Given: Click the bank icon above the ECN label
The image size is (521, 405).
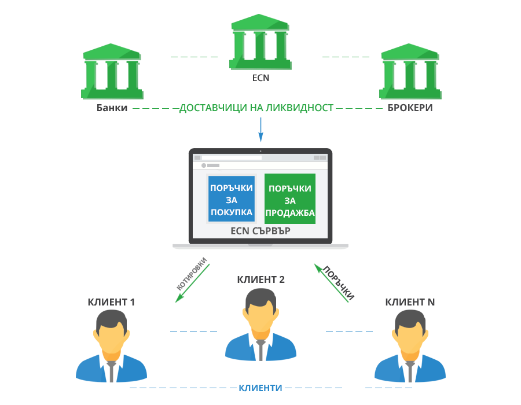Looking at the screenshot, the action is [x=260, y=42].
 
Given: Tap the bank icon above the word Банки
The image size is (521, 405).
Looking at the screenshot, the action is [x=112, y=71].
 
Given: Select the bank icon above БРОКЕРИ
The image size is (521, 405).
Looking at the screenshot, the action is [x=410, y=71].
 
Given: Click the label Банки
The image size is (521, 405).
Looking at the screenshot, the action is [x=112, y=108].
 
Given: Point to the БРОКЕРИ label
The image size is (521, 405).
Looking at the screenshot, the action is [x=410, y=108].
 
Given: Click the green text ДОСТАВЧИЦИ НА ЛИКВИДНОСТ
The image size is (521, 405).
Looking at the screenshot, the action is [x=256, y=108].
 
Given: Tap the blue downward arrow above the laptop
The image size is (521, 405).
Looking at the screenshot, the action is [x=261, y=130].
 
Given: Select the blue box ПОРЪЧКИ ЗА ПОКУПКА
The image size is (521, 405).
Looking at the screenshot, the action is [x=232, y=199].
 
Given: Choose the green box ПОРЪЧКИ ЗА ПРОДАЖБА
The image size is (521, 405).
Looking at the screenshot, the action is [x=290, y=199].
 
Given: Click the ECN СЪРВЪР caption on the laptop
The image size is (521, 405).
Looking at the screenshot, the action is [x=260, y=231].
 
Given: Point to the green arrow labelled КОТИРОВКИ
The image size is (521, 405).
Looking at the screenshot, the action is [x=192, y=283].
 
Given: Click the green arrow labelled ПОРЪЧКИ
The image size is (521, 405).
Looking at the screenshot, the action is [x=331, y=283].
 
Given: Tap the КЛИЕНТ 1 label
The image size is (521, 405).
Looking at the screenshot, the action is [x=111, y=302].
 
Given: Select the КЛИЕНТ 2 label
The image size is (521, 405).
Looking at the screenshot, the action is [x=261, y=279].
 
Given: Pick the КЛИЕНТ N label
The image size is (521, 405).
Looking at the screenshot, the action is [x=410, y=302].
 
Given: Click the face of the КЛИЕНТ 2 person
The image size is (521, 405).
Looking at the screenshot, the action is [x=261, y=317].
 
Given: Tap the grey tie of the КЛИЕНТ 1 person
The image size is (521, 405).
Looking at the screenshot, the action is [x=111, y=371].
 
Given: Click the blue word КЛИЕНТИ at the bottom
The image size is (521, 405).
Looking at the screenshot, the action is [x=260, y=388].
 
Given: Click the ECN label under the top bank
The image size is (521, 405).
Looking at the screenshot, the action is [x=261, y=78].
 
